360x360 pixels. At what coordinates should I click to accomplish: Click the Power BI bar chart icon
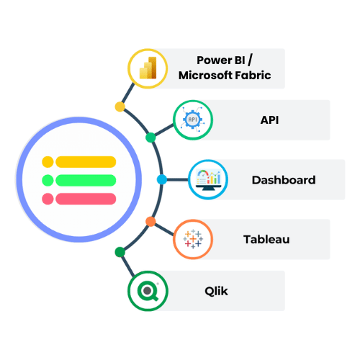[x=148, y=68]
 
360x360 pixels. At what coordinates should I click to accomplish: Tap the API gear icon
[x=193, y=120]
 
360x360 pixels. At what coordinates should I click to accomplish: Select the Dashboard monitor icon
[x=208, y=179]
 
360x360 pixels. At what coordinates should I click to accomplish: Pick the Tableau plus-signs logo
[x=193, y=239]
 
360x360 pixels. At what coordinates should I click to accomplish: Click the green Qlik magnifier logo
[x=148, y=291]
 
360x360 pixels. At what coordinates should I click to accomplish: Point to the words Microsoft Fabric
[x=225, y=75]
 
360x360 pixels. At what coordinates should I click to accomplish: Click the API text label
[x=269, y=120]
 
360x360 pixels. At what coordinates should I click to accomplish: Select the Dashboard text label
[x=284, y=180]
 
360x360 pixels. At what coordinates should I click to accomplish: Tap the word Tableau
[x=266, y=239]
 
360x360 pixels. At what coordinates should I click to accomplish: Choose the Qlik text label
[x=216, y=291]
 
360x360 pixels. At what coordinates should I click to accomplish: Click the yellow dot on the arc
[x=120, y=107]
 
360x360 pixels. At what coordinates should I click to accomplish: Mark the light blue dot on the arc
[x=162, y=179]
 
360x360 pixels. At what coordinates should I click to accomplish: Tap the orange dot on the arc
[x=150, y=222]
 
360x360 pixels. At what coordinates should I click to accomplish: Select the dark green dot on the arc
[x=120, y=252]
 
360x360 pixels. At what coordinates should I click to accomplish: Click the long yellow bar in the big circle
[x=86, y=162]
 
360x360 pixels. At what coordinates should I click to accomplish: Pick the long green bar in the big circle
[x=86, y=180]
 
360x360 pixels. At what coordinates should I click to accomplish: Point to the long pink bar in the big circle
[x=86, y=199]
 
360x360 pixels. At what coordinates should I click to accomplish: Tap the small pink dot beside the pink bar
[x=48, y=199]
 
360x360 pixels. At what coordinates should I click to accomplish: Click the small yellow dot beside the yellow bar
[x=48, y=162]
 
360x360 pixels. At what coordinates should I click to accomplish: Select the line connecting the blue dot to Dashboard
[x=178, y=179]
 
